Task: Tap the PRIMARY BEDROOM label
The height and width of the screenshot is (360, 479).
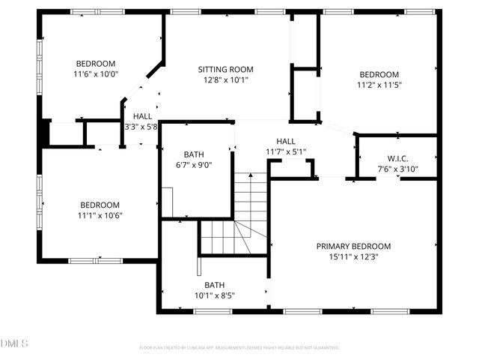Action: [x=353, y=246]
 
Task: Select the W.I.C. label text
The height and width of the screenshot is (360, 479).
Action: [x=397, y=158]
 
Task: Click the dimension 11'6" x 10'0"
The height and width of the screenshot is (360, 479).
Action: [x=96, y=74]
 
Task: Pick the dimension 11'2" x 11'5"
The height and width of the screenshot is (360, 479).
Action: [x=379, y=85]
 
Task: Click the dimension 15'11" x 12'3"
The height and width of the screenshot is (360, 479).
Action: [x=353, y=257]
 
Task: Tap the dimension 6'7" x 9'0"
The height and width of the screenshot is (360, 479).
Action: [x=194, y=165]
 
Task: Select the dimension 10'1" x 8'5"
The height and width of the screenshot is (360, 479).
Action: [x=215, y=295]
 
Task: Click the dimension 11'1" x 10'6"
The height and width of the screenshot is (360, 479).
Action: [x=100, y=215]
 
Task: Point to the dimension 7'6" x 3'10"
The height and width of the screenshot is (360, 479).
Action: [x=397, y=169]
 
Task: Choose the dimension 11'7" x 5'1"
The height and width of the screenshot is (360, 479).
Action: [x=286, y=151]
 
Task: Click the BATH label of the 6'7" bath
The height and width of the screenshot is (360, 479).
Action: [x=194, y=154]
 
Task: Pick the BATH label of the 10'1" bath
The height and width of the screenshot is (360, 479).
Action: [x=215, y=285]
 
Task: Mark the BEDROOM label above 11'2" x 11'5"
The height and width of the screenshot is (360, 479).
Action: [x=379, y=74]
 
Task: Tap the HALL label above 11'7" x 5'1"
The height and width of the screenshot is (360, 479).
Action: [x=286, y=141]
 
